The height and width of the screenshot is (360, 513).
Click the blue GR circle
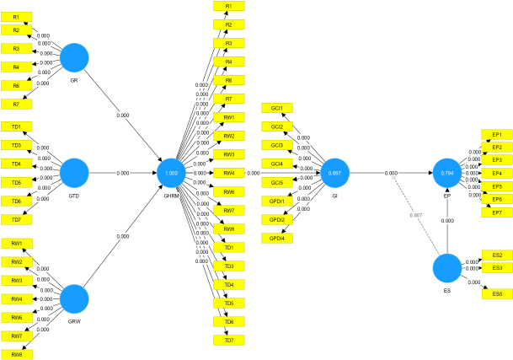pyautogui.click(x=75, y=57)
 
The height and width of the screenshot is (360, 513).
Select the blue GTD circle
pyautogui.click(x=75, y=173)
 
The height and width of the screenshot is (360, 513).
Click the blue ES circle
pyautogui.click(x=447, y=269)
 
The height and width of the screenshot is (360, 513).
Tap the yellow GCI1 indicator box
pyautogui.click(x=277, y=108)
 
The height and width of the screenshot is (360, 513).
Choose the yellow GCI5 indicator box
pyautogui.click(x=277, y=182)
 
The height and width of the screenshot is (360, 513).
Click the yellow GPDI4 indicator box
pyautogui.click(x=277, y=239)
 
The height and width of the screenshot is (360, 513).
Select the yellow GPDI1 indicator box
pyautogui.click(x=277, y=201)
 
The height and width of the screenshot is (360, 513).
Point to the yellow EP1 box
pyautogui.click(x=496, y=134)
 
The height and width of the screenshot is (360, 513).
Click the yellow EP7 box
pyautogui.click(x=496, y=212)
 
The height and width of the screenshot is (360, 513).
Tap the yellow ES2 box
pyautogui.click(x=496, y=255)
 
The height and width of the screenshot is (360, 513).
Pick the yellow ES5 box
pyautogui.click(x=496, y=293)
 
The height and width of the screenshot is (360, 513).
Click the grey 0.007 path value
pyautogui.click(x=415, y=215)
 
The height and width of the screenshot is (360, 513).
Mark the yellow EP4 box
pyautogui.click(x=496, y=173)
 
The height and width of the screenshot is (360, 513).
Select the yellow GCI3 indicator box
pyautogui.click(x=277, y=145)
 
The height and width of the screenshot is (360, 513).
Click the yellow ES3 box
pyautogui.click(x=496, y=268)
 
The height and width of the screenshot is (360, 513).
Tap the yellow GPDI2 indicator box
pyautogui.click(x=277, y=220)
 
